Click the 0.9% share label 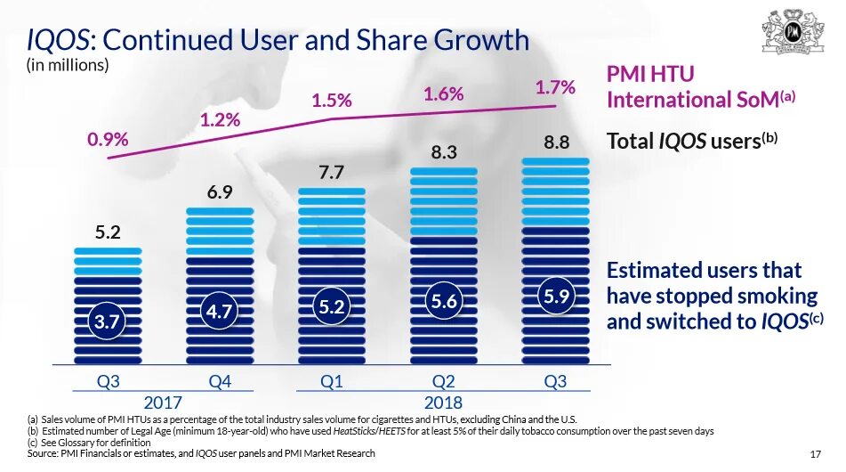pyautogui.click(x=108, y=140)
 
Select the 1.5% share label pyautogui.click(x=331, y=102)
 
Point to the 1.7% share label pyautogui.click(x=555, y=87)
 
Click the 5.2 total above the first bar pyautogui.click(x=108, y=233)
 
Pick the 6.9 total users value pyautogui.click(x=220, y=192)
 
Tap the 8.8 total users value pyautogui.click(x=555, y=142)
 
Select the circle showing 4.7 pyautogui.click(x=220, y=311)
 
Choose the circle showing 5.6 pyautogui.click(x=444, y=302)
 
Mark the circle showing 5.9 pyautogui.click(x=555, y=297)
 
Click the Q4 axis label pyautogui.click(x=220, y=382)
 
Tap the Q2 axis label pyautogui.click(x=444, y=382)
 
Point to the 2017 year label pyautogui.click(x=163, y=402)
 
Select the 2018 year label pyautogui.click(x=442, y=402)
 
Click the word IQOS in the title pyautogui.click(x=59, y=40)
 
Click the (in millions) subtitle pyautogui.click(x=68, y=65)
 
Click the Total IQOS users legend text pyautogui.click(x=691, y=141)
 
